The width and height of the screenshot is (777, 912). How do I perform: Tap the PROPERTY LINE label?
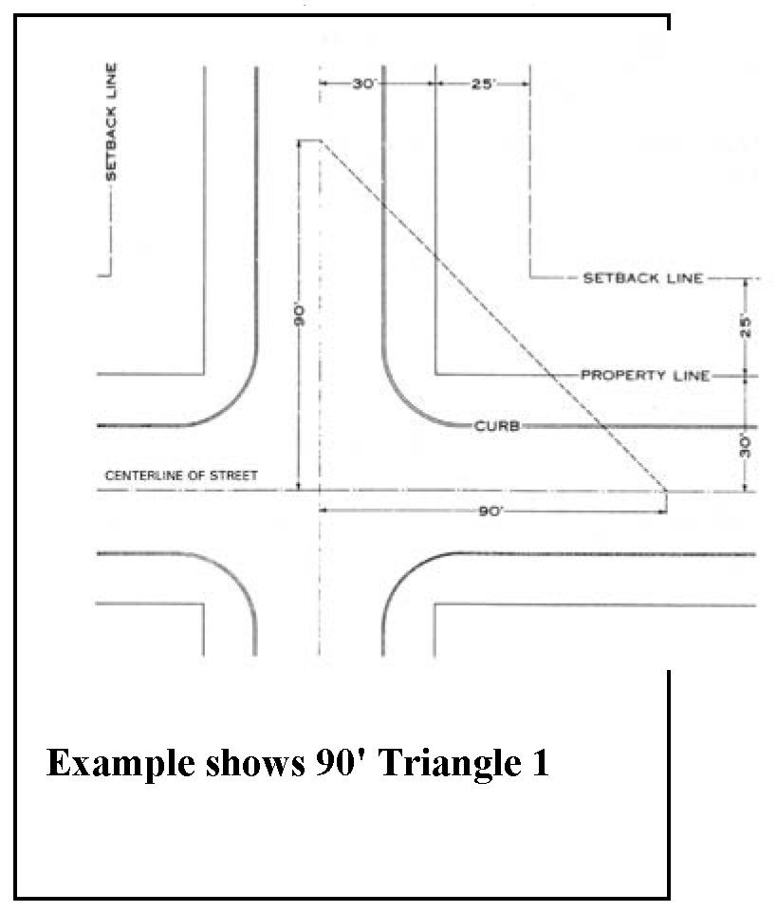[x=644, y=375]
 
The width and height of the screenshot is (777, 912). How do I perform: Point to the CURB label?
[x=496, y=426]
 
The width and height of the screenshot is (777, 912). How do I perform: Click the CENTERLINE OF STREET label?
[x=180, y=475]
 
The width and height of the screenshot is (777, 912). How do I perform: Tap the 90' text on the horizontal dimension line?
[x=492, y=511]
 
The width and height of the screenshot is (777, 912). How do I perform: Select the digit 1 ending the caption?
[x=540, y=763]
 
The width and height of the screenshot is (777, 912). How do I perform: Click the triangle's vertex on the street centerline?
[x=666, y=491]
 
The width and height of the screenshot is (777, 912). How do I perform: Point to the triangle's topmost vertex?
[x=320, y=140]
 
